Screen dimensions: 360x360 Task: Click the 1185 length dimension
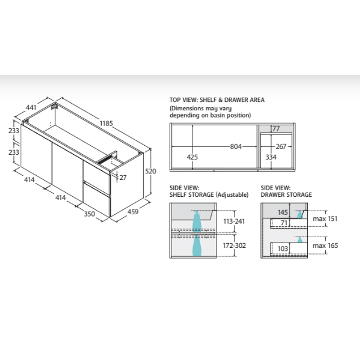[x=106, y=123]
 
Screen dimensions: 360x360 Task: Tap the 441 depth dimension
[x=31, y=107]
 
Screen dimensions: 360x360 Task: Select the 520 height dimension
[x=151, y=171]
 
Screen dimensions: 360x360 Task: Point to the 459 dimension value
[x=132, y=211]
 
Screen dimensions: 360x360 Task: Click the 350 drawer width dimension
[x=89, y=214]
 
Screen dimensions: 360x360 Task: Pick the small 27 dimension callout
[x=123, y=178]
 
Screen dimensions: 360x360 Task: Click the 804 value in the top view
[x=236, y=147]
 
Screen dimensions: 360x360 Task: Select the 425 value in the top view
[x=192, y=157]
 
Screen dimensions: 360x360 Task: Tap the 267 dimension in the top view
[x=281, y=147]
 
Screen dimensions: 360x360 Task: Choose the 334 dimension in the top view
[x=271, y=157]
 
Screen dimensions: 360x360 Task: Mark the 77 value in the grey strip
[x=276, y=129]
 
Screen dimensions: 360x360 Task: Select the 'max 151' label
[x=325, y=219]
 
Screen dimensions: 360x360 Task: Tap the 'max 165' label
[x=325, y=246]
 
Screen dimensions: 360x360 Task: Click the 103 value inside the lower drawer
[x=282, y=249]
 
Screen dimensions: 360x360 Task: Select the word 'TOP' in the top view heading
[x=175, y=100]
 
